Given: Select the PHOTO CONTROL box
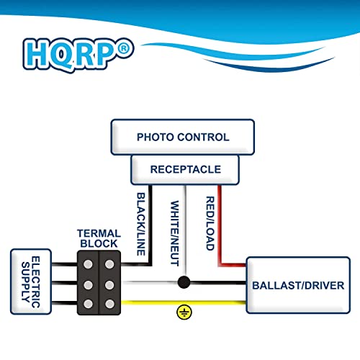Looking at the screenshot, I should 183,137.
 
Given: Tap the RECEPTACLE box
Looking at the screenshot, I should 185,170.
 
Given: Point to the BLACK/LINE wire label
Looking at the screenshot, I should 143,223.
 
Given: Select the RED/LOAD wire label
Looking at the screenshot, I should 210,224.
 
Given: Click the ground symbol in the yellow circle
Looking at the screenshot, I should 184,312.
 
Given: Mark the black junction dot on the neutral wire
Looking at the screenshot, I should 184,282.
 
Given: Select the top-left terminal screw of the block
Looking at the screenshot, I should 89,264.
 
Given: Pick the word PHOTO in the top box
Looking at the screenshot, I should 155,137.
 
